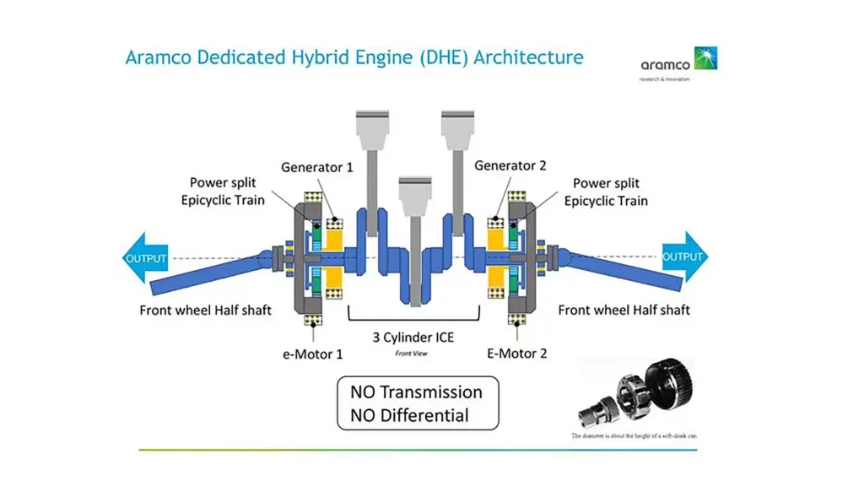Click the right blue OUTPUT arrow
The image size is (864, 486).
click(x=684, y=256)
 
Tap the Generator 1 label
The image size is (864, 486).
click(x=317, y=167)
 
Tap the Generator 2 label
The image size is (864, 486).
click(x=505, y=165)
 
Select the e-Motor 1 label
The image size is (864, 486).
click(x=313, y=354)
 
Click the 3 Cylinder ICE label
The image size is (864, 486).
click(x=413, y=337)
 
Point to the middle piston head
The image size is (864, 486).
click(x=415, y=192)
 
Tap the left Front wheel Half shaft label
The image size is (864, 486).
click(x=205, y=310)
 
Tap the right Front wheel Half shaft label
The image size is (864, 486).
click(x=624, y=310)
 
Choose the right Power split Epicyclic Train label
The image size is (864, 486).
click(x=606, y=192)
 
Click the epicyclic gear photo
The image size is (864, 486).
click(x=636, y=393)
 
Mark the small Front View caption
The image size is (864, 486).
click(x=412, y=354)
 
